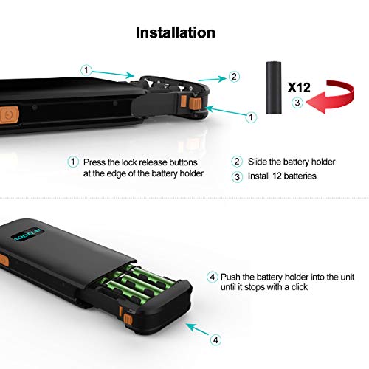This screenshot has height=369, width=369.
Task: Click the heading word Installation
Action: [x=176, y=32]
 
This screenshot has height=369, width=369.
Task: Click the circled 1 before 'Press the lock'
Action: [x=72, y=162]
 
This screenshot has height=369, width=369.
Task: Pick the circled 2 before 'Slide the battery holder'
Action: [x=237, y=162]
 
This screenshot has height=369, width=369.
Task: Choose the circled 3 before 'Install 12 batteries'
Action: [x=237, y=176]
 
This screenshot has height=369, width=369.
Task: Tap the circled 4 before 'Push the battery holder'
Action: [x=213, y=277]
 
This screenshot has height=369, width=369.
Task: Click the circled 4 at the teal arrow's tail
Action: [x=215, y=341]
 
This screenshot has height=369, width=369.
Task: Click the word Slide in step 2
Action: [x=259, y=162]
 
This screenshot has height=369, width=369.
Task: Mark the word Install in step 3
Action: [x=261, y=176]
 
